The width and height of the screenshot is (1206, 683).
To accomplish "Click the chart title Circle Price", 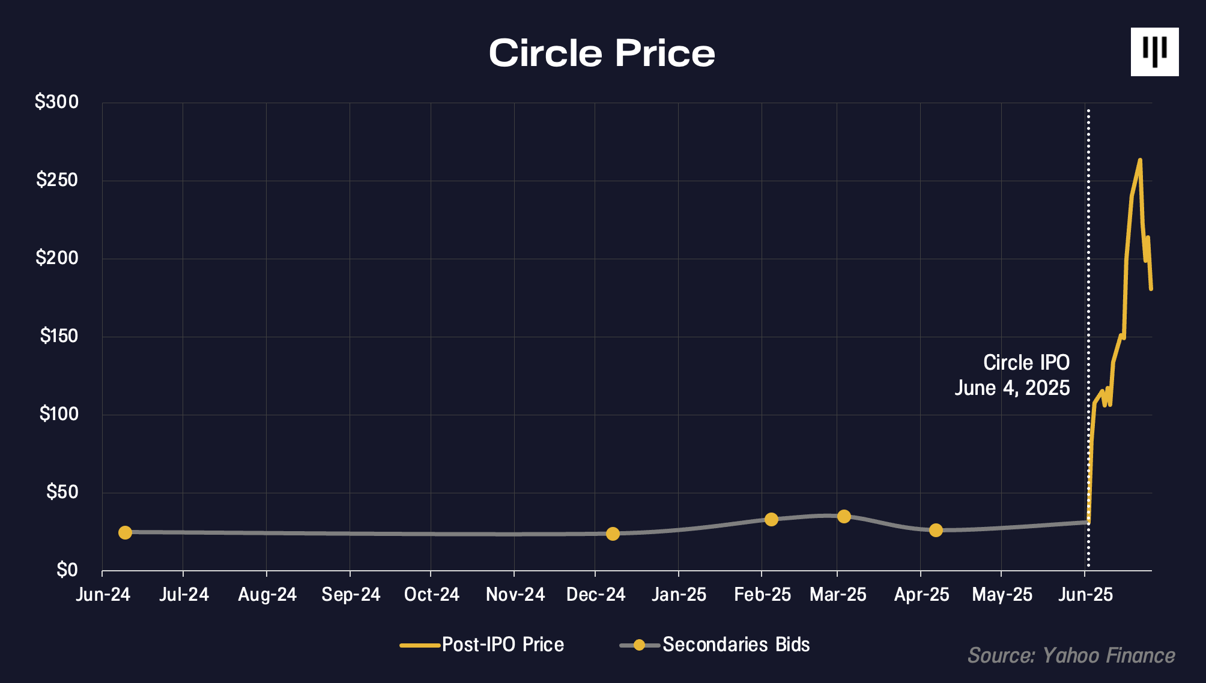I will (602, 53).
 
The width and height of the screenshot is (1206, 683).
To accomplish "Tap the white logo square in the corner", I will (1154, 52).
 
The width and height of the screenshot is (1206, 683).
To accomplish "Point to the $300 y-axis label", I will (57, 102).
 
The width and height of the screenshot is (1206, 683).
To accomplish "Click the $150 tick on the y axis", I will (59, 336).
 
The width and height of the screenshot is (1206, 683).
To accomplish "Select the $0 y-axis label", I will (67, 570).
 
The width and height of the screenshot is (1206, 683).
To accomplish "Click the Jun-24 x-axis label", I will (103, 595).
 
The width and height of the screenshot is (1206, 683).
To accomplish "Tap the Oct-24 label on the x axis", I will (431, 595).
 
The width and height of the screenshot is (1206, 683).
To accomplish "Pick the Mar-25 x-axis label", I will (838, 595).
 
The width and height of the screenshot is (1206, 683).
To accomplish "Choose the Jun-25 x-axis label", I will (1085, 595).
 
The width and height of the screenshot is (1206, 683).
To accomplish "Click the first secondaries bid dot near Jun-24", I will (125, 532).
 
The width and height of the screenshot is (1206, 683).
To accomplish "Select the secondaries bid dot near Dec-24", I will (613, 534).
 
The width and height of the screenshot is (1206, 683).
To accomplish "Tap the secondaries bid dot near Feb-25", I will (771, 519).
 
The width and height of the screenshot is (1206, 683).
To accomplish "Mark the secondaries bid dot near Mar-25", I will (844, 516).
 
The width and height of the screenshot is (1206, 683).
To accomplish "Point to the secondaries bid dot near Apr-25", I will (936, 530).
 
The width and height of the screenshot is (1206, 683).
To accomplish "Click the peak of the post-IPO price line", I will (1140, 160).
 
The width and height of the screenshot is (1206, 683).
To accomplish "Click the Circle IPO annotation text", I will (1026, 363).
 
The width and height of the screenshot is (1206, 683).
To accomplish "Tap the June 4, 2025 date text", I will (1012, 388).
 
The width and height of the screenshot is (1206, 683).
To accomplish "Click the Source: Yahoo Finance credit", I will (1071, 655).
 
